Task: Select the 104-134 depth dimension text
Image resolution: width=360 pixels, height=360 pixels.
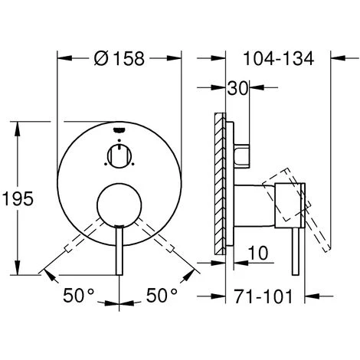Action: [x=277, y=57]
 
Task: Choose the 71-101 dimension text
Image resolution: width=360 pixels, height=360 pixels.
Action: [x=263, y=294]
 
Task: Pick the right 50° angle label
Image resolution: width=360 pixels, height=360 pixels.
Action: [x=162, y=294]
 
